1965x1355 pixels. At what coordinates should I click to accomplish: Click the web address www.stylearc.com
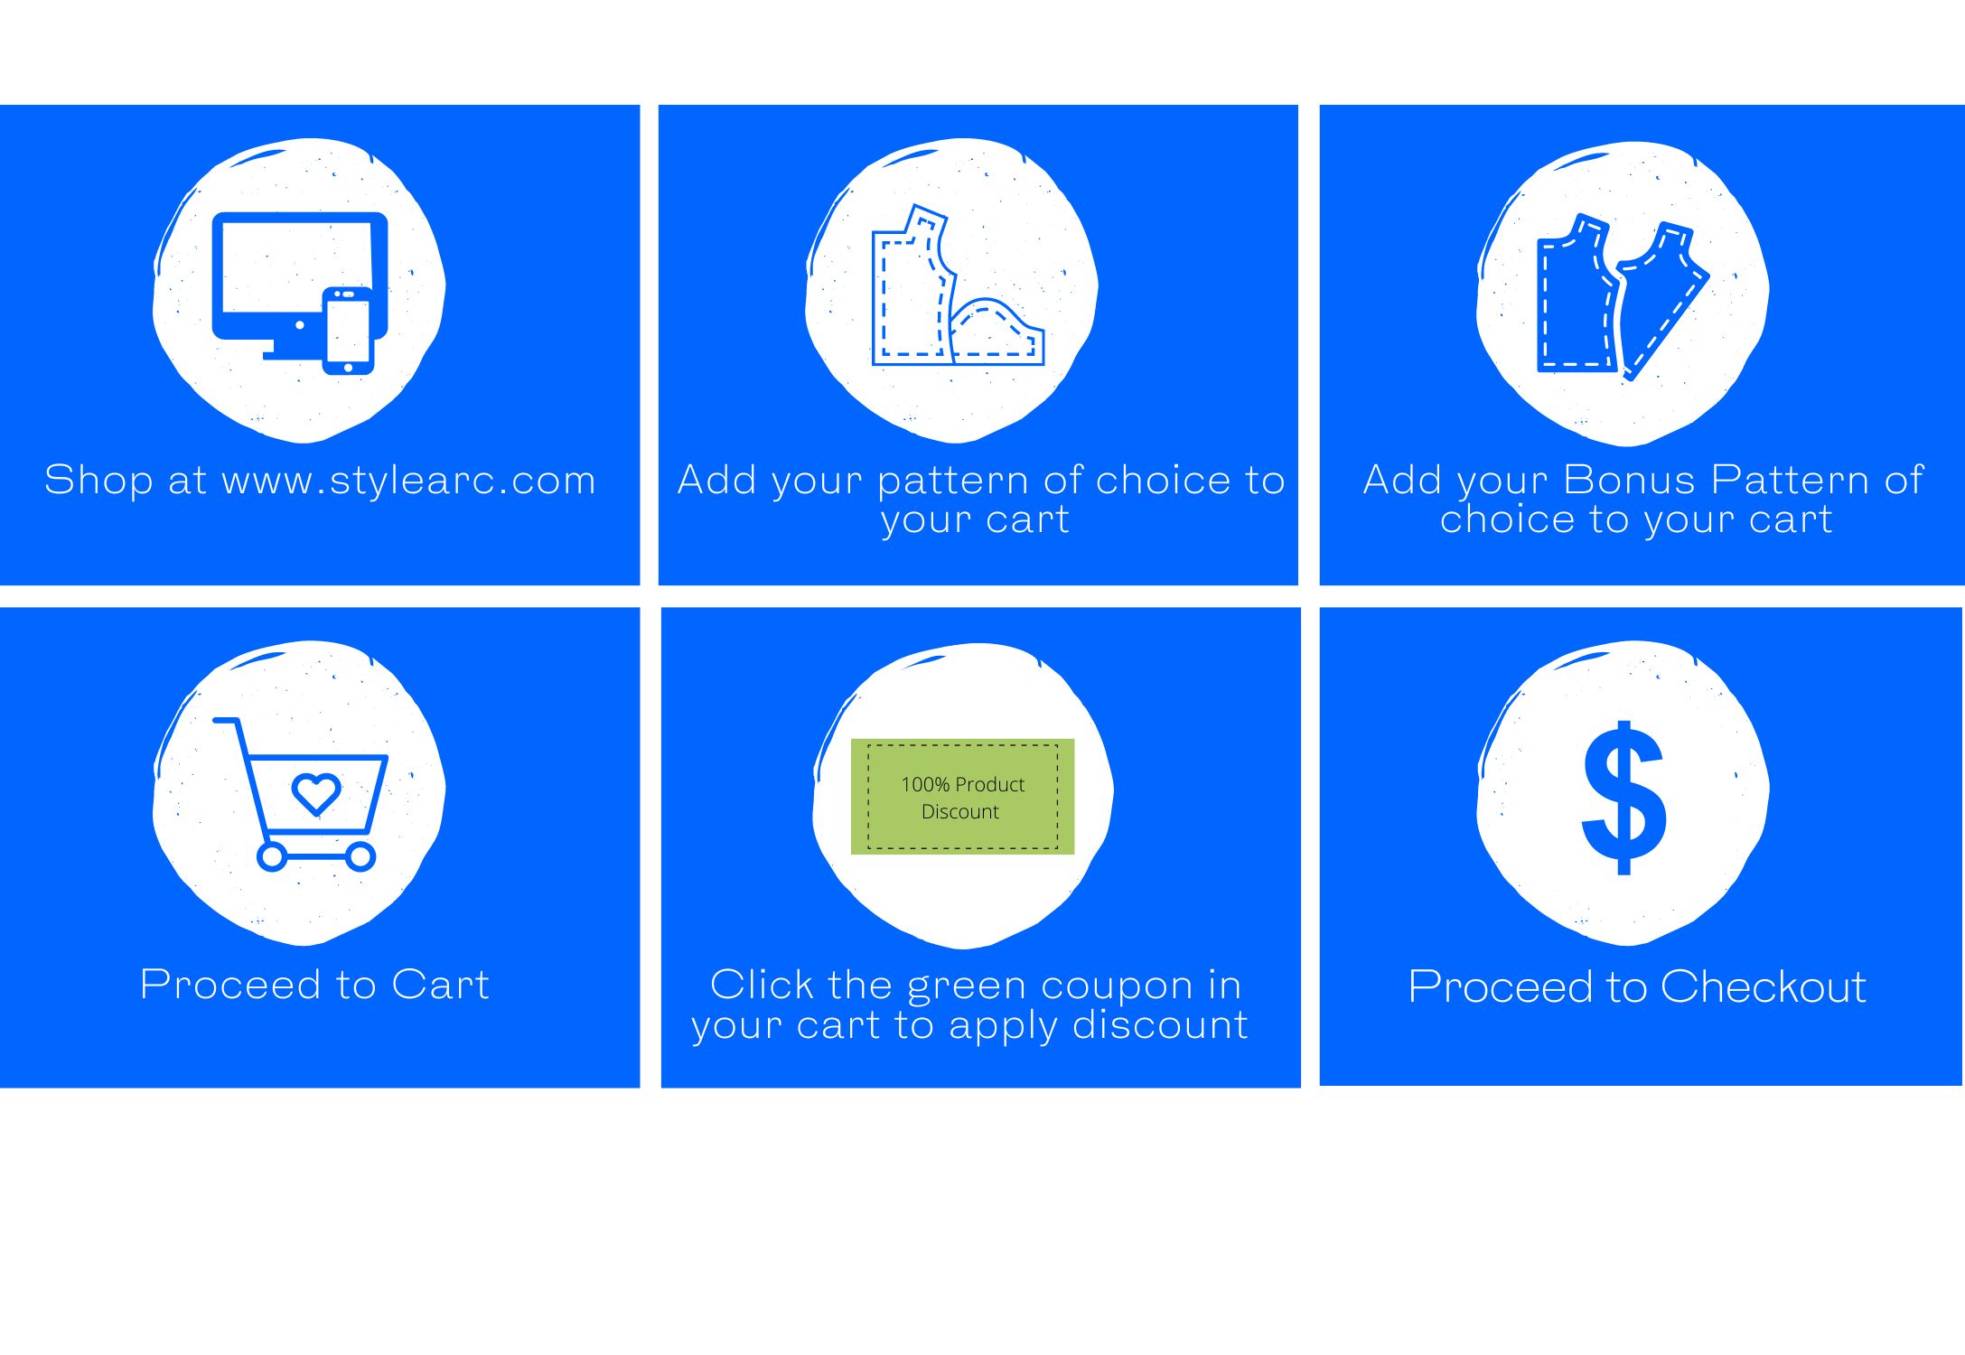click(409, 481)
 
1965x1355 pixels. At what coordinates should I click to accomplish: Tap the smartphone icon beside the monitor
click(348, 331)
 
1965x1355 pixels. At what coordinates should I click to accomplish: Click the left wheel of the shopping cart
click(272, 856)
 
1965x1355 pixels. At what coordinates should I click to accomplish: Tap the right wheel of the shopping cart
click(360, 856)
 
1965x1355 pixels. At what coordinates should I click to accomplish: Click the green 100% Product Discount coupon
click(962, 797)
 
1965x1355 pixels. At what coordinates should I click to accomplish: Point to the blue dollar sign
click(1623, 798)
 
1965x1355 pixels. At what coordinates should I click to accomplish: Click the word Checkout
click(1763, 986)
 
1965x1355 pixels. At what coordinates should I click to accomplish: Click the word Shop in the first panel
click(98, 481)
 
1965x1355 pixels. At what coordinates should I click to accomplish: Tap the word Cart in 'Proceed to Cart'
click(440, 985)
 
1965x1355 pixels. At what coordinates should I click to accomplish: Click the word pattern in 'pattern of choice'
click(953, 481)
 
